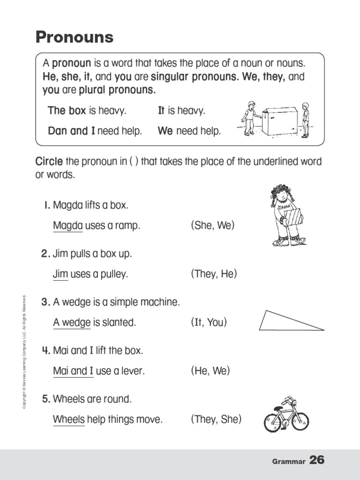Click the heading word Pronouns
click(75, 37)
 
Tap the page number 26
click(317, 460)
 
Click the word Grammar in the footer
click(288, 462)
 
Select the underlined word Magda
click(67, 226)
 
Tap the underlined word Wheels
click(68, 420)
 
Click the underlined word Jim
click(60, 274)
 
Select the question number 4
click(45, 351)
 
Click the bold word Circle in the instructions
click(49, 162)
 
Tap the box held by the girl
click(292, 217)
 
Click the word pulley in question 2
click(114, 275)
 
